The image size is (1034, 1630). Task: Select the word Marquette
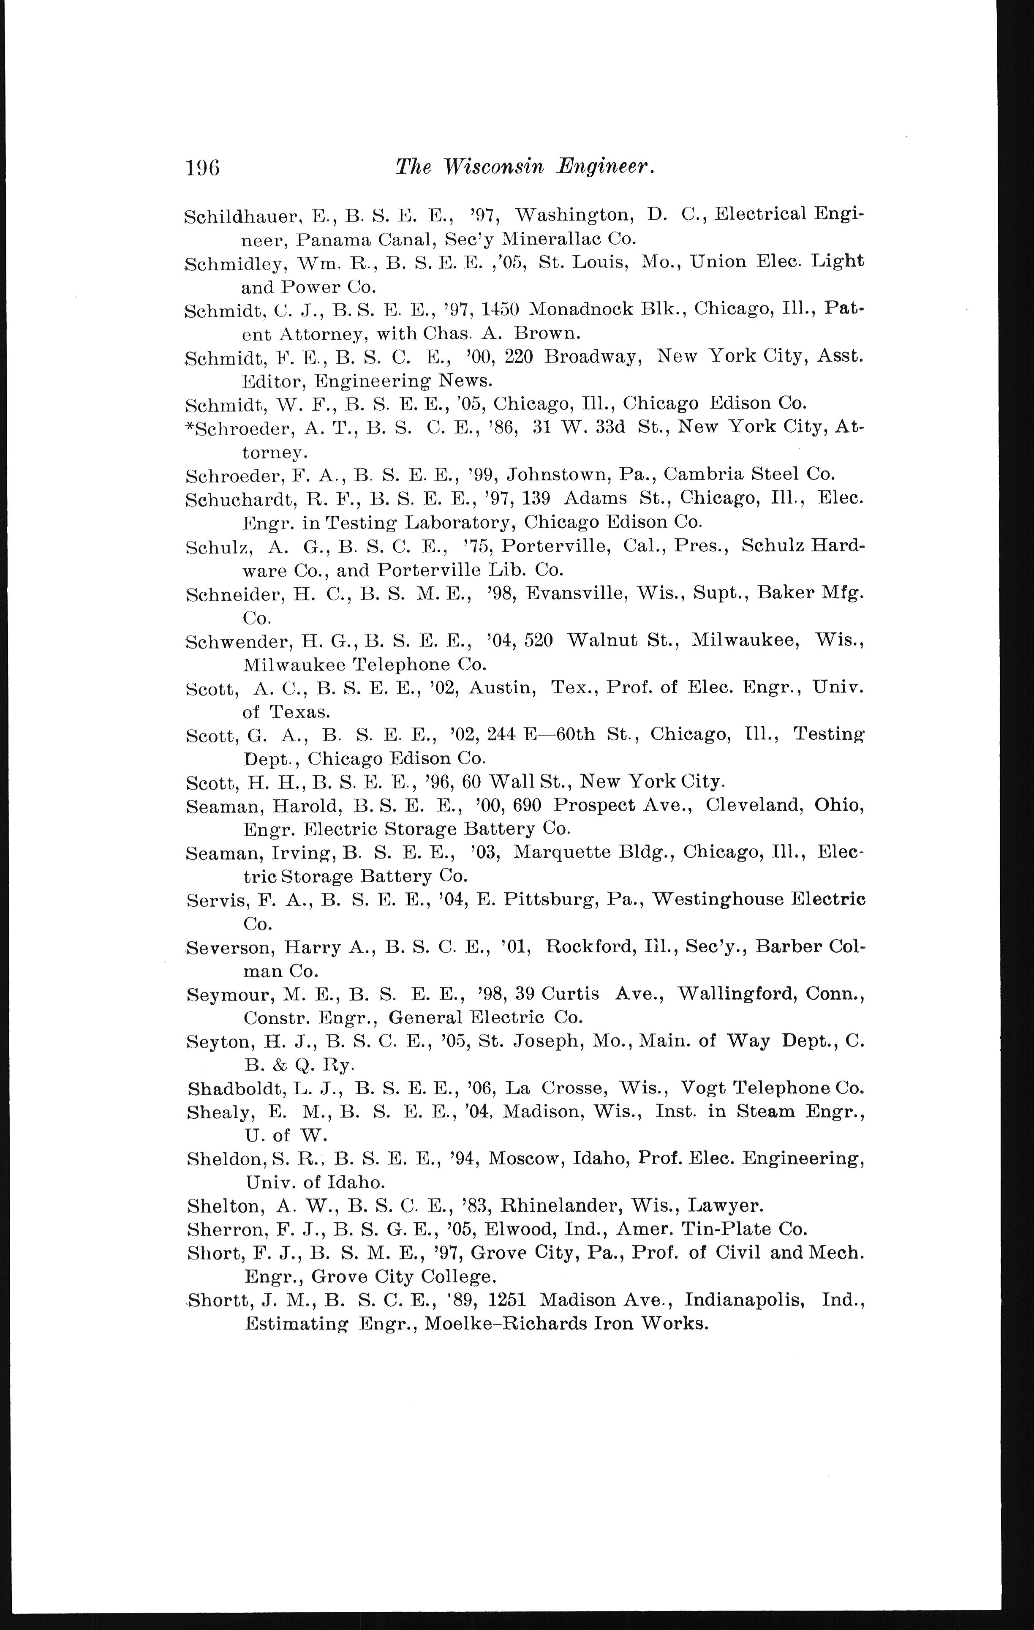click(562, 852)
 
